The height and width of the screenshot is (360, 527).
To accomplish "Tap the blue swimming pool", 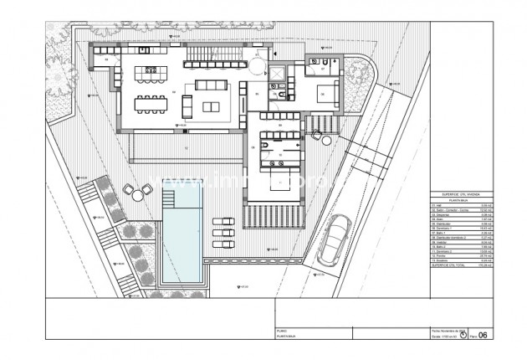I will pyautogui.click(x=182, y=243).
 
